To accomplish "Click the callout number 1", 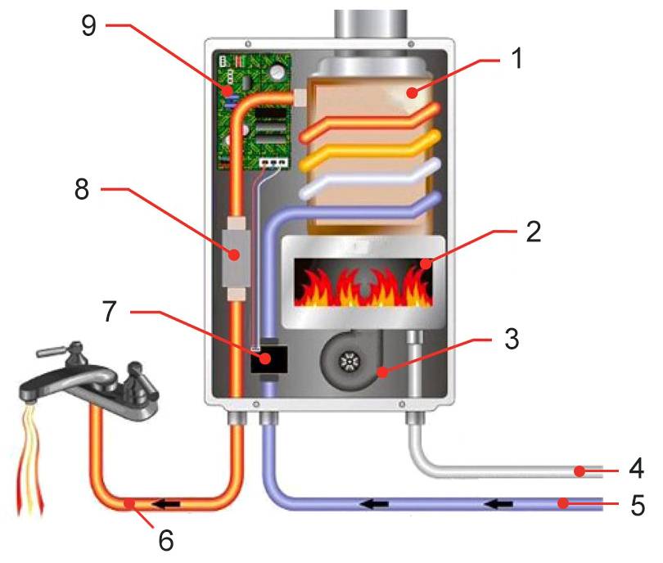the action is pos(516,58).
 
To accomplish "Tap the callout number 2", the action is pos(533,232).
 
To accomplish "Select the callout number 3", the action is pos(512,338).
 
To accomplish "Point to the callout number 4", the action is pos(636,467).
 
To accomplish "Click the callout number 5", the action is pos(638,505).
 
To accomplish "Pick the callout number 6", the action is pos(165,540).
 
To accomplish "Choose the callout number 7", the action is pos(110,311).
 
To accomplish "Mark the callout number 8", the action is pos(82,188).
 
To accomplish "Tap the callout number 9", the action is pos(88,25).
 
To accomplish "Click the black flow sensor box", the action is pos(269,359).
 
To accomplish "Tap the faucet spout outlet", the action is pos(29,398).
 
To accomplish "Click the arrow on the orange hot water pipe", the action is pos(165,504).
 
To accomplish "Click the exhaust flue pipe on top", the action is pos(371,25).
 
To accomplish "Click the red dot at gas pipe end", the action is pos(580,471).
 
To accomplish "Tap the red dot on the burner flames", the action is pos(426,264).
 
